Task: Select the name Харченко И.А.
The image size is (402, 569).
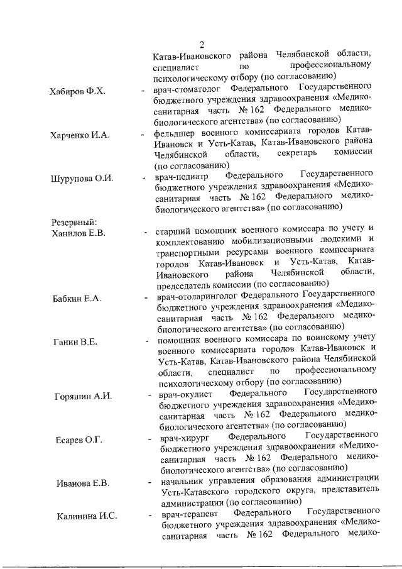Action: coord(80,135)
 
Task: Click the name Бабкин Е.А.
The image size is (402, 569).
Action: coord(77,297)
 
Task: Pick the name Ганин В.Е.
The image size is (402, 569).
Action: coord(74,341)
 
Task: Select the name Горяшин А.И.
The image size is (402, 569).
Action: coord(83,396)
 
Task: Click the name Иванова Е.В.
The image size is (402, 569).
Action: coord(82,483)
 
